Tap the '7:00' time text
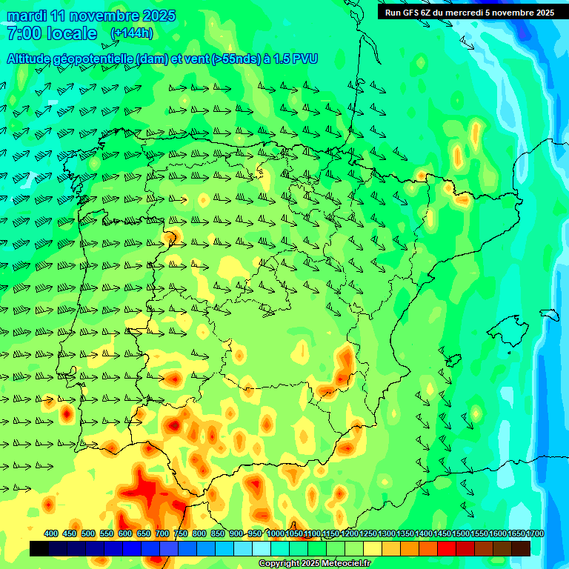pos(23,33)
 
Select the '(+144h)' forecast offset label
pos(132,33)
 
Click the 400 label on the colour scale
pos(51,533)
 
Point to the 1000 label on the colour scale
pos(276,533)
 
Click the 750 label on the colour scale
pos(181,533)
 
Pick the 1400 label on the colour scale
pos(424,533)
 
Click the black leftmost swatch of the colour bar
pos(39,548)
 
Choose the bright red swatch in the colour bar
pos(447,548)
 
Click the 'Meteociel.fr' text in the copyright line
pos(344,564)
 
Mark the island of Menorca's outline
pos(549,314)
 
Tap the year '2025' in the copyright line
pos(307,564)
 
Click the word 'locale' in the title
pos(71,33)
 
